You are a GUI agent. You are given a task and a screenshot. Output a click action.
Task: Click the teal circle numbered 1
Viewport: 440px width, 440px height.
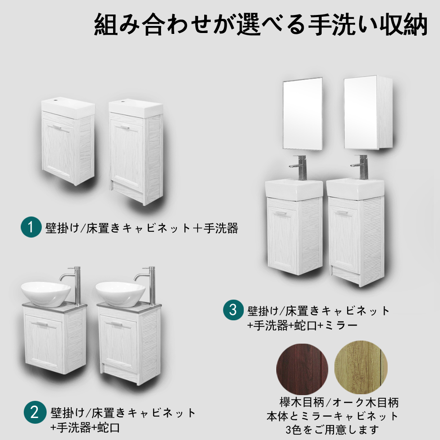pyautogui.click(x=31, y=227)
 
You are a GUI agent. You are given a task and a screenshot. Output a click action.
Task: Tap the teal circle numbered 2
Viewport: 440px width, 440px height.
pyautogui.click(x=35, y=412)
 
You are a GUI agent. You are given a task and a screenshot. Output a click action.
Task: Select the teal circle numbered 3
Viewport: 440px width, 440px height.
pyautogui.click(x=233, y=310)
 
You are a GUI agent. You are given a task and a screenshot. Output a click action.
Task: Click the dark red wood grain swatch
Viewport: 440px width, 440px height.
pyautogui.click(x=302, y=369)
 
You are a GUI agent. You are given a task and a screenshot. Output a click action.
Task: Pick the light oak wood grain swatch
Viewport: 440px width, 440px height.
pyautogui.click(x=361, y=367)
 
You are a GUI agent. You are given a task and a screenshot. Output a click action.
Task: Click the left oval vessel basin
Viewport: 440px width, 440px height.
pyautogui.click(x=46, y=294)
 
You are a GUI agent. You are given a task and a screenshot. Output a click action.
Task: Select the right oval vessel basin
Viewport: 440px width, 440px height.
pyautogui.click(x=121, y=294)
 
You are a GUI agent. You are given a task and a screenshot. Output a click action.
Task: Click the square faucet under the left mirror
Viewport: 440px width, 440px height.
pyautogui.click(x=300, y=168)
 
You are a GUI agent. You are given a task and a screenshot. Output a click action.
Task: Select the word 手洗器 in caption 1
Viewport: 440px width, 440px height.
pyautogui.click(x=221, y=228)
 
